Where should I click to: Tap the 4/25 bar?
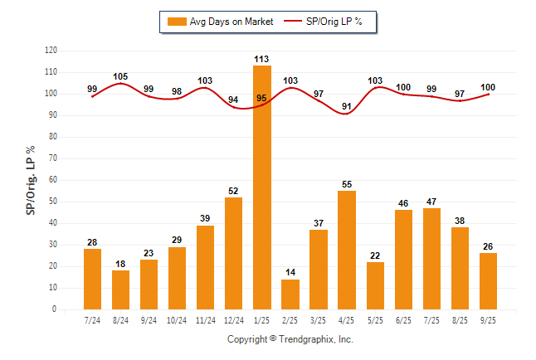pyautogui.click(x=347, y=250)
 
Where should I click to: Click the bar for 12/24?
pyautogui.click(x=234, y=253)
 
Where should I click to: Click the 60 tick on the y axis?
pyautogui.click(x=53, y=180)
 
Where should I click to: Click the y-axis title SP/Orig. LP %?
pyautogui.click(x=31, y=179)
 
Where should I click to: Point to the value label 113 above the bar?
pyautogui.click(x=262, y=59)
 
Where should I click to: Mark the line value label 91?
pyautogui.click(x=347, y=105)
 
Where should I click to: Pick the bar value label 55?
pyautogui.click(x=347, y=184)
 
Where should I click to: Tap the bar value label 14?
pyautogui.click(x=290, y=273)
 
